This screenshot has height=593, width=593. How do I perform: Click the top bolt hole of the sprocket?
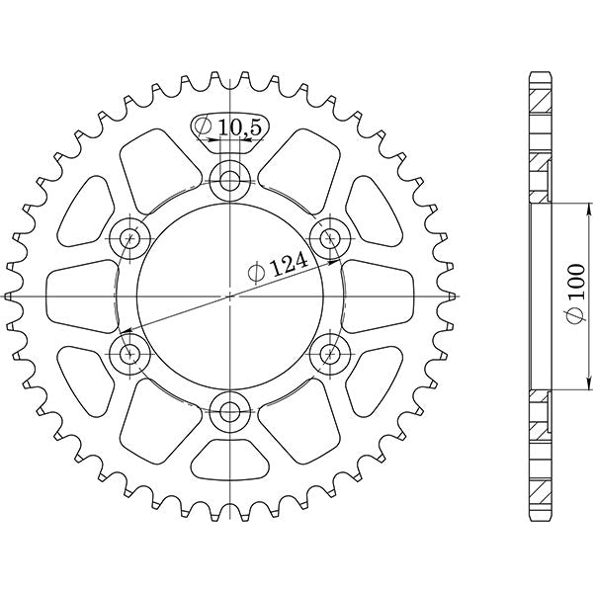[x=230, y=179]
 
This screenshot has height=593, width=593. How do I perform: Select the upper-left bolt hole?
[x=129, y=237]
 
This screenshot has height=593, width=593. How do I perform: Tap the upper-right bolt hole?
[x=330, y=237]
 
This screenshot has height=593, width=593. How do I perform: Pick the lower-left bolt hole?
[x=129, y=353]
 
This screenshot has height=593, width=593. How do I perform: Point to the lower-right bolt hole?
[x=330, y=353]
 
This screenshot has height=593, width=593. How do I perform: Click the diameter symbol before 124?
[x=255, y=271]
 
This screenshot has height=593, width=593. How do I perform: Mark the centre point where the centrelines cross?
[x=230, y=296]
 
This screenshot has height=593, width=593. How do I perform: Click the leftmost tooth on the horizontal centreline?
[x=10, y=296]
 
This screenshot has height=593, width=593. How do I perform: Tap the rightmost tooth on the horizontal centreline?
[x=451, y=296]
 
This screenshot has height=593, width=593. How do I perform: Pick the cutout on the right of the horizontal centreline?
[x=381, y=296]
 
